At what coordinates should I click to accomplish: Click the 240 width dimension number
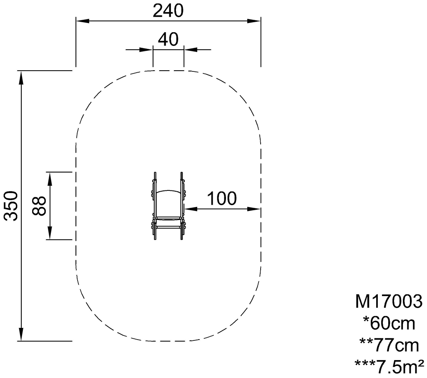pos(168,11)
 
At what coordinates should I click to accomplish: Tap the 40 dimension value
pos(168,39)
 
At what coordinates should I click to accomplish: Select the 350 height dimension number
pos(11,206)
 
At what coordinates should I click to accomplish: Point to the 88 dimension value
pos(39,206)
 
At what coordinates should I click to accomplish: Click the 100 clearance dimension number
pos(222,198)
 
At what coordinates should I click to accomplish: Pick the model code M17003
pos(389,302)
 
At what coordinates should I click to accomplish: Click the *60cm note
pos(389,324)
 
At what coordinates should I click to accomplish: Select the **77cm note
pos(389,345)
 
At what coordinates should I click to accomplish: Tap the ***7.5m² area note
pos(389,367)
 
